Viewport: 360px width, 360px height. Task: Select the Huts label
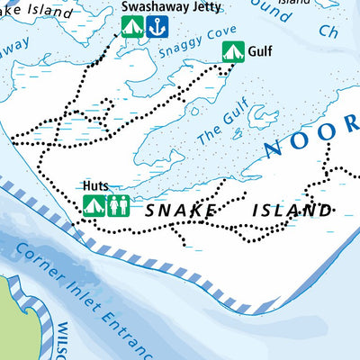pos(95,186)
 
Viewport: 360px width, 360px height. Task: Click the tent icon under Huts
pos(94,206)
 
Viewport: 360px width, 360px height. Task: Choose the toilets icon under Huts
pos(119,206)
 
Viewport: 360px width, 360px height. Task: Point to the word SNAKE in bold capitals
pos(178,211)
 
